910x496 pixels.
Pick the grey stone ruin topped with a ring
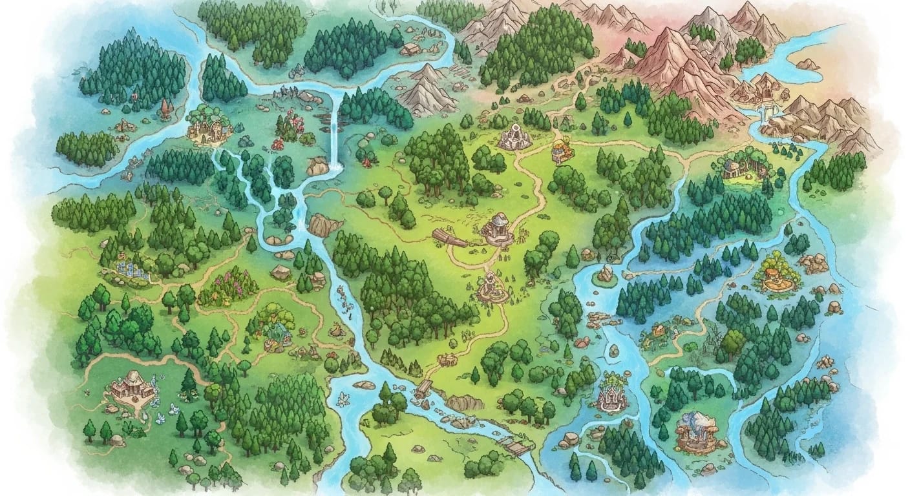coord(515,137)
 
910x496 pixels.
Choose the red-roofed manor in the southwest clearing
coord(132,386)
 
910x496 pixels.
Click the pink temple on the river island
coord(611,396)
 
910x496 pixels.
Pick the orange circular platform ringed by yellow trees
coord(776,274)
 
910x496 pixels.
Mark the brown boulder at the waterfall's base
coord(317,167)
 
